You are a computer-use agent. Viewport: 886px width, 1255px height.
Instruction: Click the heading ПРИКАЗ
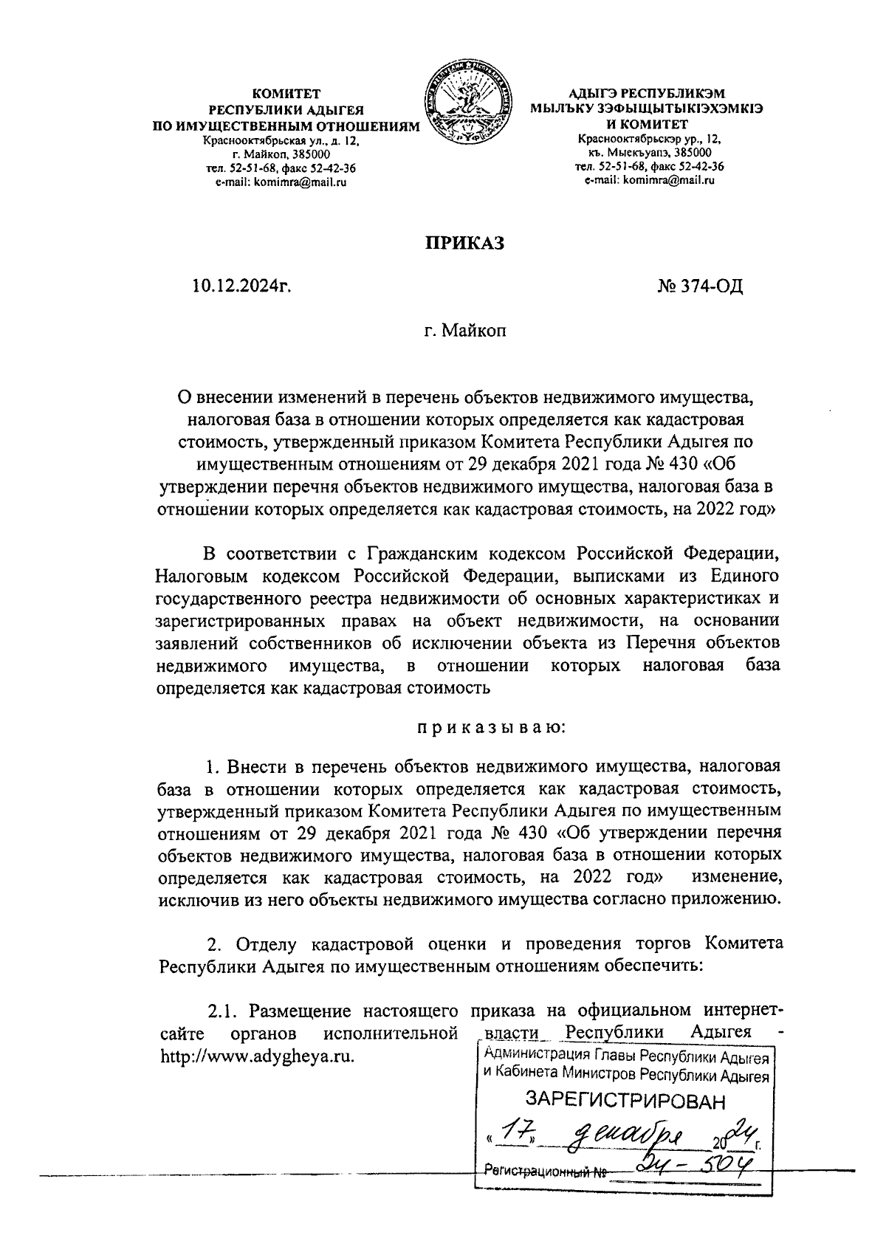click(463, 243)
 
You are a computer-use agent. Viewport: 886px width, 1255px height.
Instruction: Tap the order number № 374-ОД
click(699, 285)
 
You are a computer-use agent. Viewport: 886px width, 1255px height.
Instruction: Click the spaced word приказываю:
click(490, 728)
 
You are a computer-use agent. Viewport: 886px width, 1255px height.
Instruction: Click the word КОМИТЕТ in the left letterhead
click(286, 94)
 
